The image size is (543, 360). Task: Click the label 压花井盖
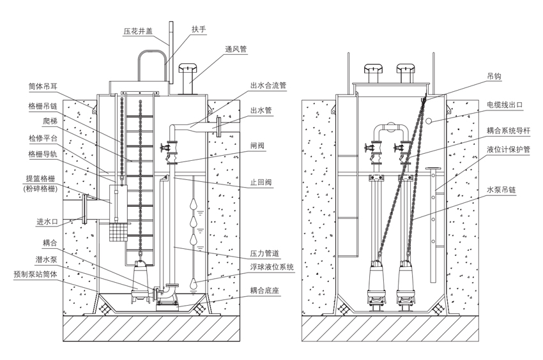click(x=139, y=31)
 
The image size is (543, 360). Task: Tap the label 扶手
click(x=199, y=29)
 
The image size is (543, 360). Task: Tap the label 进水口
click(x=48, y=222)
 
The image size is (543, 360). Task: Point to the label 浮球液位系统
click(x=271, y=267)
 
